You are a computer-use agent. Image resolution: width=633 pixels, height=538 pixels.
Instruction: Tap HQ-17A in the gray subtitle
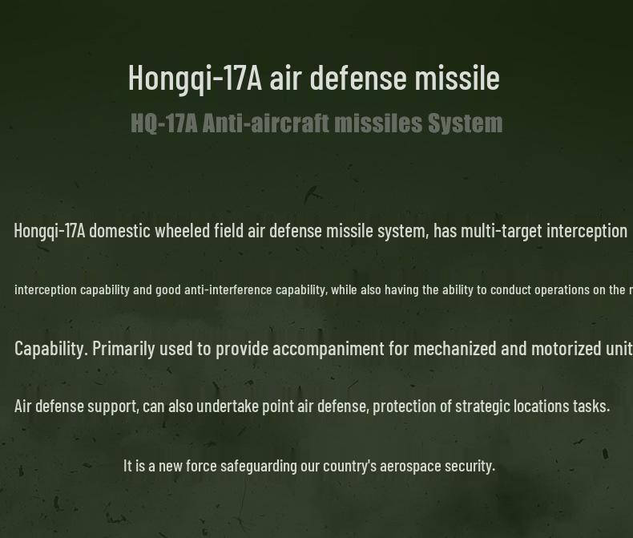point(163,123)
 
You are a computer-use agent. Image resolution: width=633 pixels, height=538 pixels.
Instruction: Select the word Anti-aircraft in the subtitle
point(265,123)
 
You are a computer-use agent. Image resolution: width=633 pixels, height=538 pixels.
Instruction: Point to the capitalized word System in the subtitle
point(465,123)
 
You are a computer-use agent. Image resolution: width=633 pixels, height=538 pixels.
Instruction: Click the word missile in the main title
point(457,78)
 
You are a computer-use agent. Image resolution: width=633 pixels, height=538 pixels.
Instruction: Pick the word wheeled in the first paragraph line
point(182,231)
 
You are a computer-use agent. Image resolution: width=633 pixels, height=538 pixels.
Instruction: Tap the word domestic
point(119,231)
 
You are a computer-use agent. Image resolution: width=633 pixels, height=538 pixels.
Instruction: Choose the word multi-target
point(502,231)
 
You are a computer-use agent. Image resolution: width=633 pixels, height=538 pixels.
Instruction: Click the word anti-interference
point(228,289)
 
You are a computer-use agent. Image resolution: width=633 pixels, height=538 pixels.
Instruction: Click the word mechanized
point(455,348)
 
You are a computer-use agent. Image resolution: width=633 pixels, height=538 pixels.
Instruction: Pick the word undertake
point(228,406)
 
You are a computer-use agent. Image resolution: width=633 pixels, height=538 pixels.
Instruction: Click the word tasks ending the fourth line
point(590,406)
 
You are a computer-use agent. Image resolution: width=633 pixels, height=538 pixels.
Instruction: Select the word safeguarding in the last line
point(258,466)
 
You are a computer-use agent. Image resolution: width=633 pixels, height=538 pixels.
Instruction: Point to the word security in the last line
point(470,466)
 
